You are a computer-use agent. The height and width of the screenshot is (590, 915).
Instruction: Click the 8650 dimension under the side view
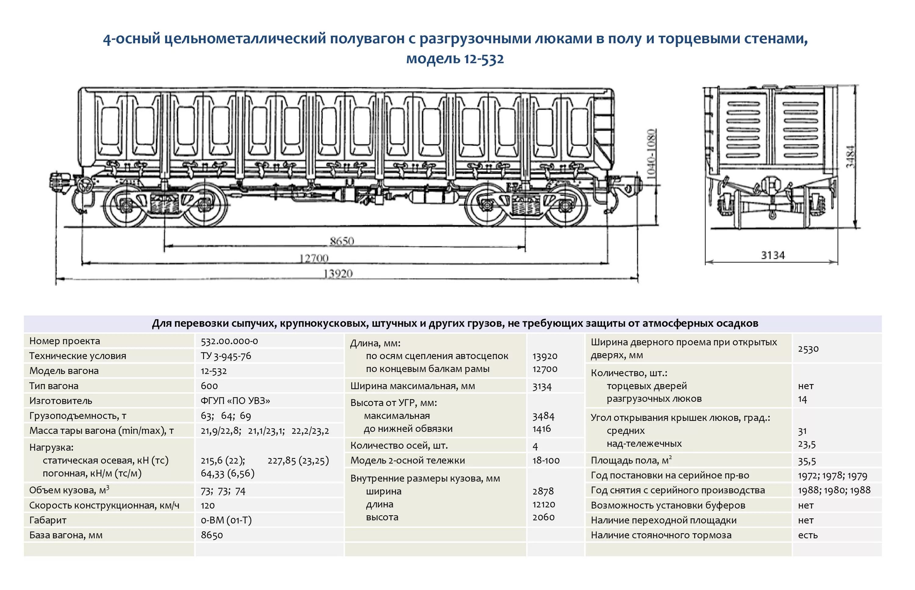342,241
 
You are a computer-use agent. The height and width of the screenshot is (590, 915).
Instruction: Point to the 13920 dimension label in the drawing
338,274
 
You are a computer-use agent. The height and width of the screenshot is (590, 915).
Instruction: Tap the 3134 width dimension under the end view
773,255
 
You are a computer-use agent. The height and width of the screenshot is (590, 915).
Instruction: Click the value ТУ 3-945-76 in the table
226,356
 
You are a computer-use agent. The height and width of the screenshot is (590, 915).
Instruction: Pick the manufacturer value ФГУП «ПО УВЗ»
235,401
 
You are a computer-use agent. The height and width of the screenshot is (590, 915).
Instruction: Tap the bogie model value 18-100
546,461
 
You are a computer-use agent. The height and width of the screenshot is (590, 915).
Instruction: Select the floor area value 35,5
807,461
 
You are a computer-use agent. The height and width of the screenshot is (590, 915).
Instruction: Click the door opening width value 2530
808,349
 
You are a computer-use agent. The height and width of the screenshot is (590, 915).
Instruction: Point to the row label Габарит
48,520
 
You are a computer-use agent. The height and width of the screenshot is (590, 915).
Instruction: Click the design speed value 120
208,505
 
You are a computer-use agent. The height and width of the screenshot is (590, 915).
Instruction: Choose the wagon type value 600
209,386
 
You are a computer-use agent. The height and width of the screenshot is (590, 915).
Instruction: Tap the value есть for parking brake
808,535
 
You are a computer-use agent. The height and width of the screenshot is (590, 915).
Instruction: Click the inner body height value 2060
544,517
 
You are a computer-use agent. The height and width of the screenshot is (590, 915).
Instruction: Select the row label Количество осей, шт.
399,446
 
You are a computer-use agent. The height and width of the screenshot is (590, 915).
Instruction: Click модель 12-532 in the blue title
455,59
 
